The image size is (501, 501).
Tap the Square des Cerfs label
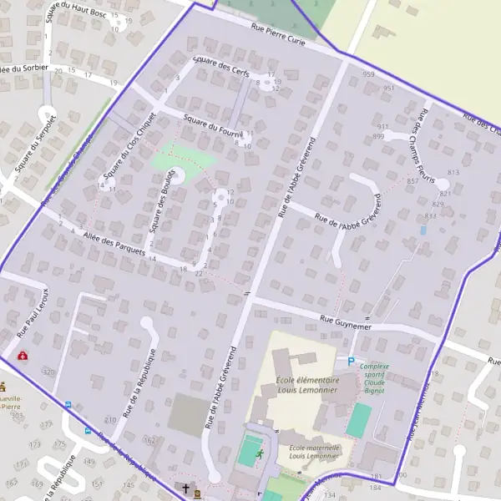point(220,67)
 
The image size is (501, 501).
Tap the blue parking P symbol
point(351,361)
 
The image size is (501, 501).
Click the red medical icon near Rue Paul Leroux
point(22,356)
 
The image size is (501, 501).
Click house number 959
point(368,75)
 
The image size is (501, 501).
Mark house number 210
point(110,419)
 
